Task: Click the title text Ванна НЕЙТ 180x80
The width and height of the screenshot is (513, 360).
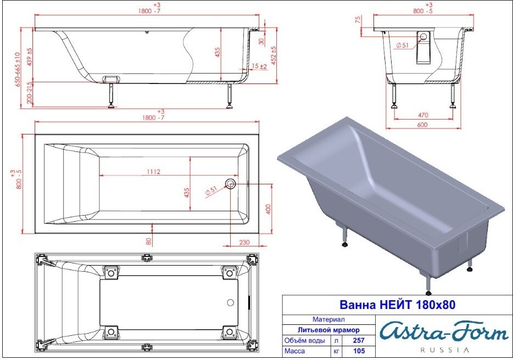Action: coord(397,305)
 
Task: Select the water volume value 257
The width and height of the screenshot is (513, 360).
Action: coord(359,340)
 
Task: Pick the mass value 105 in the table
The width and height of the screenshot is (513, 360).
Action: coord(359,351)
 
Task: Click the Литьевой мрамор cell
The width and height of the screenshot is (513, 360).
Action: coord(328,330)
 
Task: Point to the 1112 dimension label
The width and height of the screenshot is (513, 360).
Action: coord(153,172)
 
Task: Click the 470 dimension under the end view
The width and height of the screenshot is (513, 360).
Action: coord(423,115)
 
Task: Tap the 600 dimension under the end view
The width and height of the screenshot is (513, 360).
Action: coord(422,125)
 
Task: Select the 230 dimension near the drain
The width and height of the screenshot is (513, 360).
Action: coord(244,243)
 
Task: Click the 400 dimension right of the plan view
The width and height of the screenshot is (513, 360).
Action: coord(268,209)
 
